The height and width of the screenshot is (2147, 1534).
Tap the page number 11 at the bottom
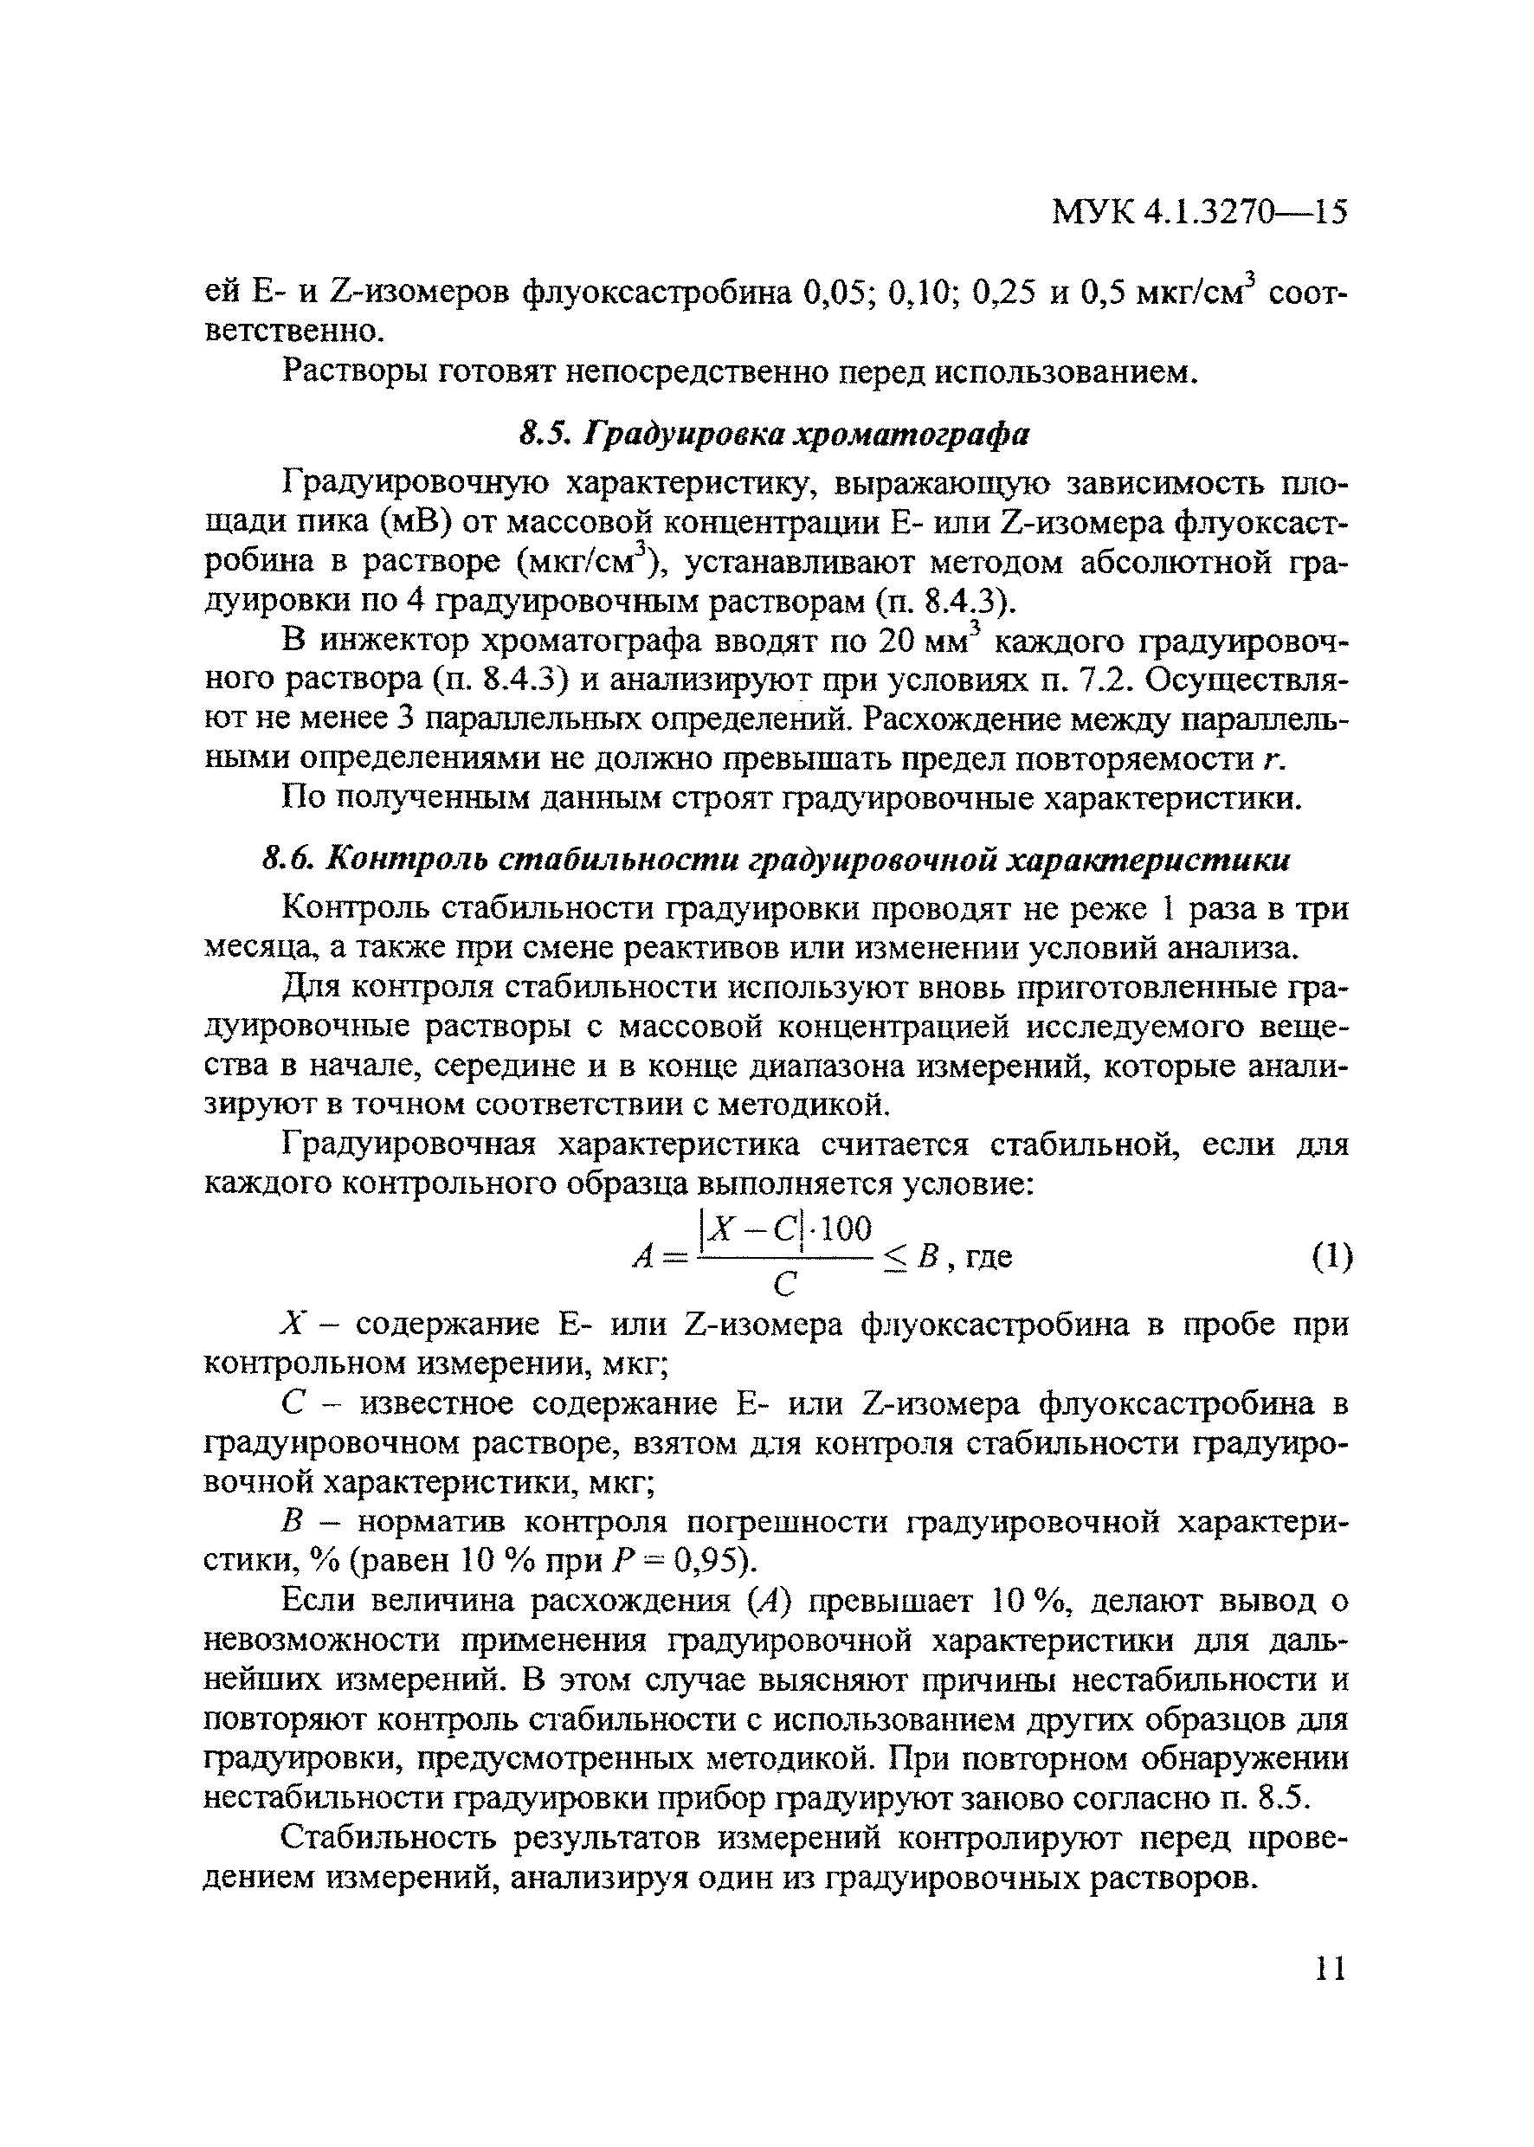click(1329, 1968)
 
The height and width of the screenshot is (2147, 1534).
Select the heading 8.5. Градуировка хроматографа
click(774, 434)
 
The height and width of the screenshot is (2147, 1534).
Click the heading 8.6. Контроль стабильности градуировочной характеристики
click(774, 860)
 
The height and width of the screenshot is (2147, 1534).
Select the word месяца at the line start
click(251, 947)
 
